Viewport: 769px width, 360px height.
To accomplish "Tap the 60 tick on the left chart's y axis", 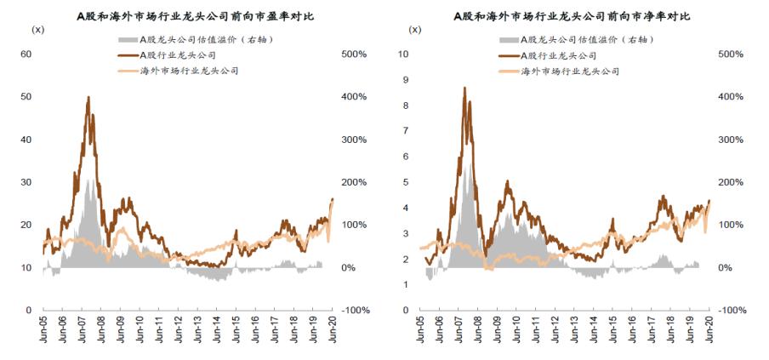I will (26, 54).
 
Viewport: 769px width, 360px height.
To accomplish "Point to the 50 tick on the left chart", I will (26, 96).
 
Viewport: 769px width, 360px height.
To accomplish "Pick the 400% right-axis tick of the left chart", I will (353, 96).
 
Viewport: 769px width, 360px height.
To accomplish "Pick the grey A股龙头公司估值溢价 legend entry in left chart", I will (193, 39).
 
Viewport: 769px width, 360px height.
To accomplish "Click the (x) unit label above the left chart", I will (37, 30).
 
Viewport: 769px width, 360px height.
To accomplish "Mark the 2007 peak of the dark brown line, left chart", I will (88, 97).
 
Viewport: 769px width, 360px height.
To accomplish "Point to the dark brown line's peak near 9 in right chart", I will (464, 87).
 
